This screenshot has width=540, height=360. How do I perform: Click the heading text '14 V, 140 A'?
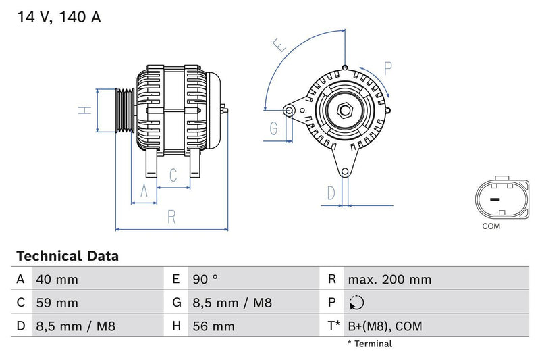(57, 18)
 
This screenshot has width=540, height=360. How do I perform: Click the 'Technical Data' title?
(67, 256)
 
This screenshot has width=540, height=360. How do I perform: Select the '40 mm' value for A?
(57, 280)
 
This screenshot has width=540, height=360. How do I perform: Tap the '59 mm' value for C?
(57, 303)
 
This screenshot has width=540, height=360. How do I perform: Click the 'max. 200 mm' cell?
(389, 280)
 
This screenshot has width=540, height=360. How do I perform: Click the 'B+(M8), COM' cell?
(384, 327)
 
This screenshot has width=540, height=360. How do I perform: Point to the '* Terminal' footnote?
(369, 344)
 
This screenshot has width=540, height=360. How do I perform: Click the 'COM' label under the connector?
(491, 226)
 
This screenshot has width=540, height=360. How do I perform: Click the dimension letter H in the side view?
(84, 110)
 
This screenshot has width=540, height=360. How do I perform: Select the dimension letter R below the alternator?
(171, 217)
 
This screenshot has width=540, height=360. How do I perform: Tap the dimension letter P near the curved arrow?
(388, 68)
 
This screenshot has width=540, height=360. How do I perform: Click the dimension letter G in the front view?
(274, 128)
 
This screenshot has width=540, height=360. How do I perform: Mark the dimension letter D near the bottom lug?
(331, 193)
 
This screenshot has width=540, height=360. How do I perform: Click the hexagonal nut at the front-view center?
(344, 109)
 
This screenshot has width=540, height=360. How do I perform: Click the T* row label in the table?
(333, 327)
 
